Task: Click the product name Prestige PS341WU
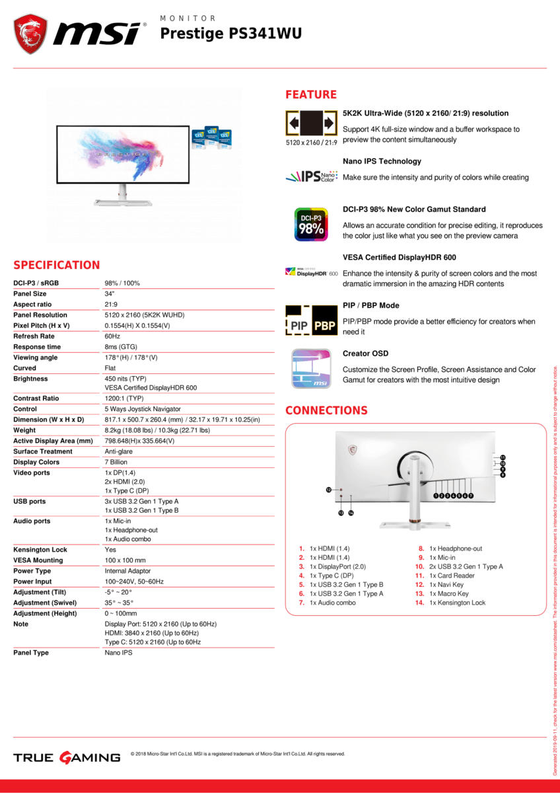click(x=231, y=33)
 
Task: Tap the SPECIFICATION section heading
click(x=57, y=265)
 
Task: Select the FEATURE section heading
click(x=311, y=94)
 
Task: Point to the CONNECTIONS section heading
click(x=326, y=410)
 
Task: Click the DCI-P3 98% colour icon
click(x=311, y=225)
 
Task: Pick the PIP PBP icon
click(x=311, y=321)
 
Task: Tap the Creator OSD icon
click(x=311, y=369)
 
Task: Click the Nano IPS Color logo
click(x=311, y=176)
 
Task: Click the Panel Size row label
click(x=30, y=293)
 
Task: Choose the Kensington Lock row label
click(x=40, y=550)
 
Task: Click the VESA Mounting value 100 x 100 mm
click(x=125, y=560)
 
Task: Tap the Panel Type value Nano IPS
click(x=119, y=653)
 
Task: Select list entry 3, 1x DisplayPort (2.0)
click(x=337, y=566)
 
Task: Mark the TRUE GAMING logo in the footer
click(x=67, y=757)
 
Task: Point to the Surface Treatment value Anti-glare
click(x=120, y=451)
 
